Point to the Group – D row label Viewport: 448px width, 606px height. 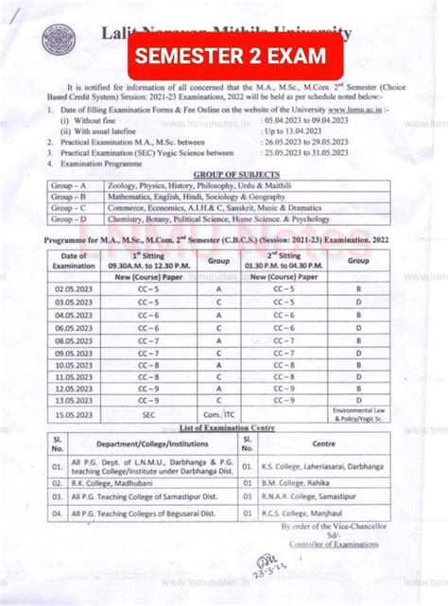coord(75,218)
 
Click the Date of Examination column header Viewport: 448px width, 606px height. coord(74,260)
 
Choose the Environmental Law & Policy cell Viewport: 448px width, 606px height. coord(358,413)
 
